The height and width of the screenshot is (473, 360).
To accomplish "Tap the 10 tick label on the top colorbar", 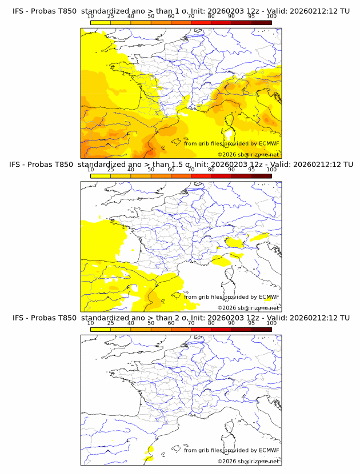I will tap(90, 17).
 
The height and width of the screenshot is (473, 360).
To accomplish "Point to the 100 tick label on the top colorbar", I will tap(271, 17).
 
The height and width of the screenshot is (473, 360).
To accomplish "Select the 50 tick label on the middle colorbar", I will tap(151, 170).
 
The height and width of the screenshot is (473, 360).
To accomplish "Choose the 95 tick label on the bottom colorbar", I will tap(251, 323).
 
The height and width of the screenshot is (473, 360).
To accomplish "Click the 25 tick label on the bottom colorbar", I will tap(110, 323).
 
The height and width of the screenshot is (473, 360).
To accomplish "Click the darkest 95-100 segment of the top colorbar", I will tap(261, 22).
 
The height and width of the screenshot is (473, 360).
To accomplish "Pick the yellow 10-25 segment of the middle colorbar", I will tap(101, 175).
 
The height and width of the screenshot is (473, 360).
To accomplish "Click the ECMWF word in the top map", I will tap(269, 143).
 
